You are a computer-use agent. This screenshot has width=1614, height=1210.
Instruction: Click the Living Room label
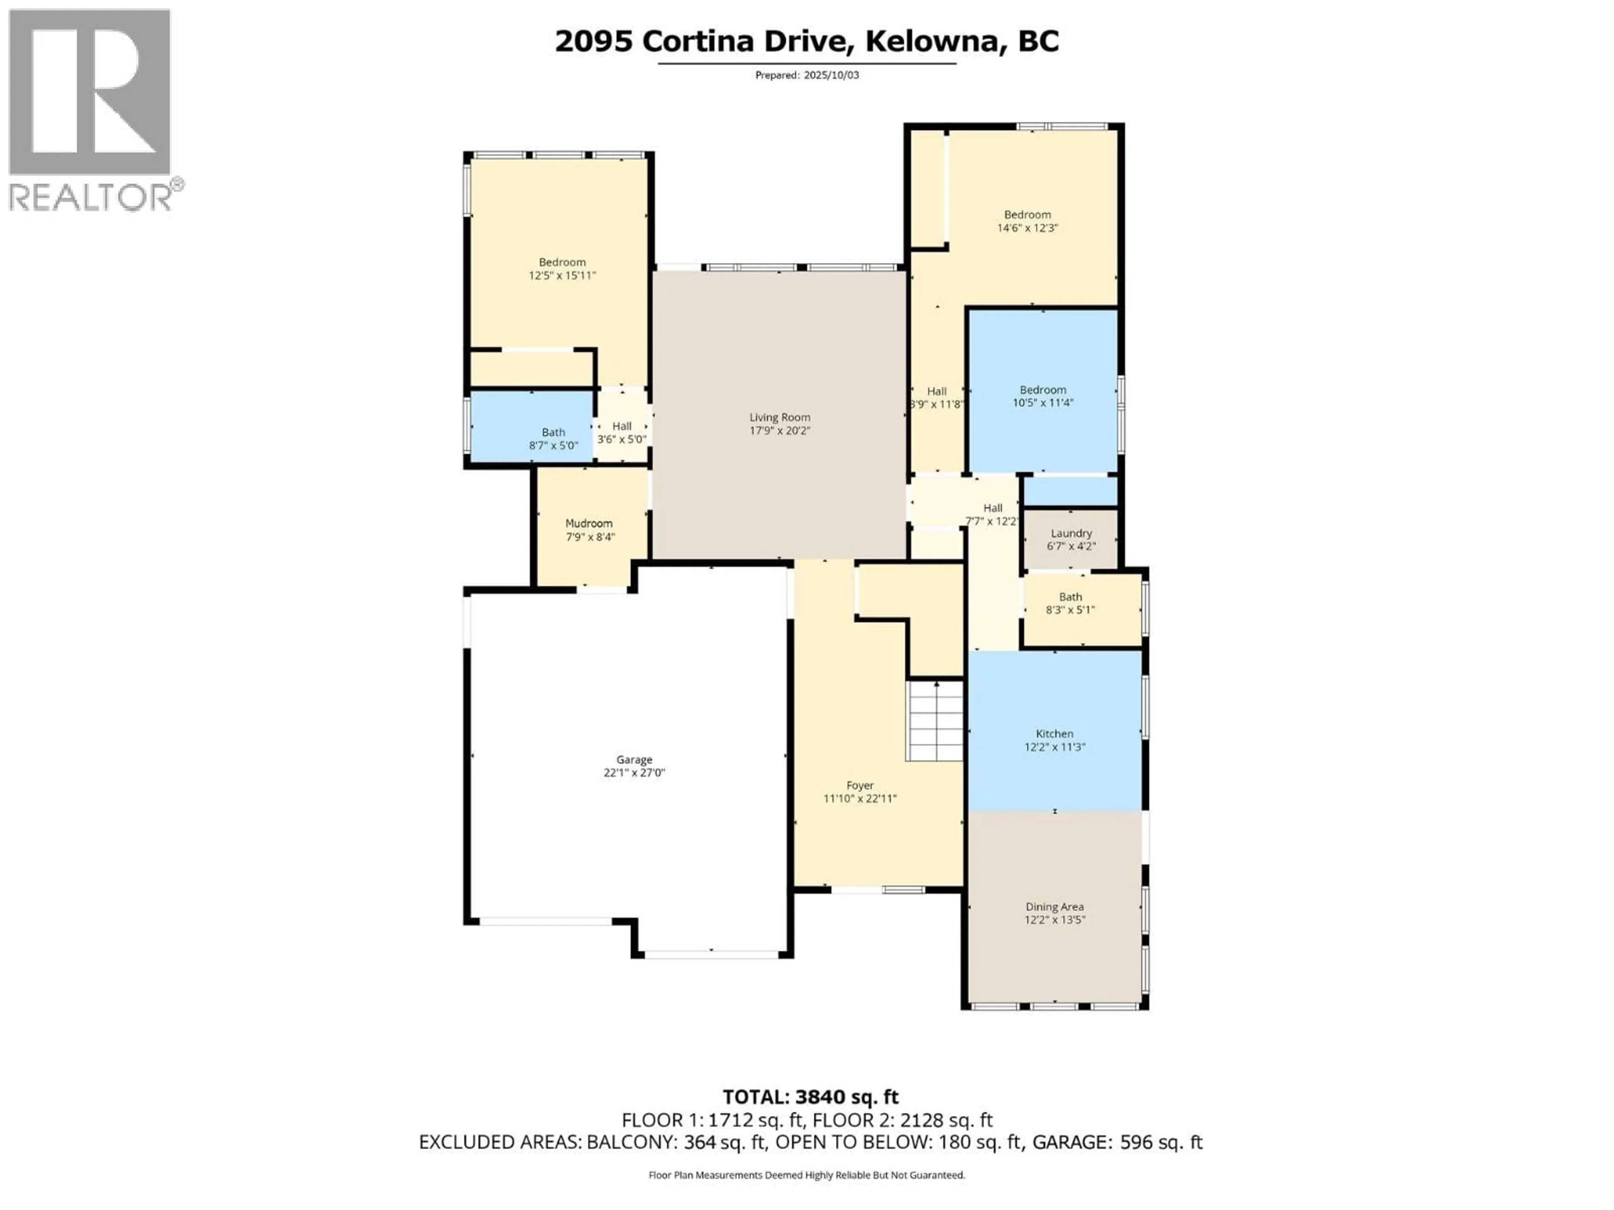779,417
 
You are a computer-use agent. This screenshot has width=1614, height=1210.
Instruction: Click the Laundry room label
1071,533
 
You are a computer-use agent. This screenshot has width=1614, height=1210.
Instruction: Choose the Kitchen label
1054,734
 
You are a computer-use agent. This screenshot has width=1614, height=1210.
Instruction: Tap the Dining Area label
1054,907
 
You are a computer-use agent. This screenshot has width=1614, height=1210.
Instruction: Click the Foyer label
860,786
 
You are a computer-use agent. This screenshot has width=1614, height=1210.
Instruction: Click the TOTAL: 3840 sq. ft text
810,1097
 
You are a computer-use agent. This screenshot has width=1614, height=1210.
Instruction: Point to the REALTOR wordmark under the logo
90,197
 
